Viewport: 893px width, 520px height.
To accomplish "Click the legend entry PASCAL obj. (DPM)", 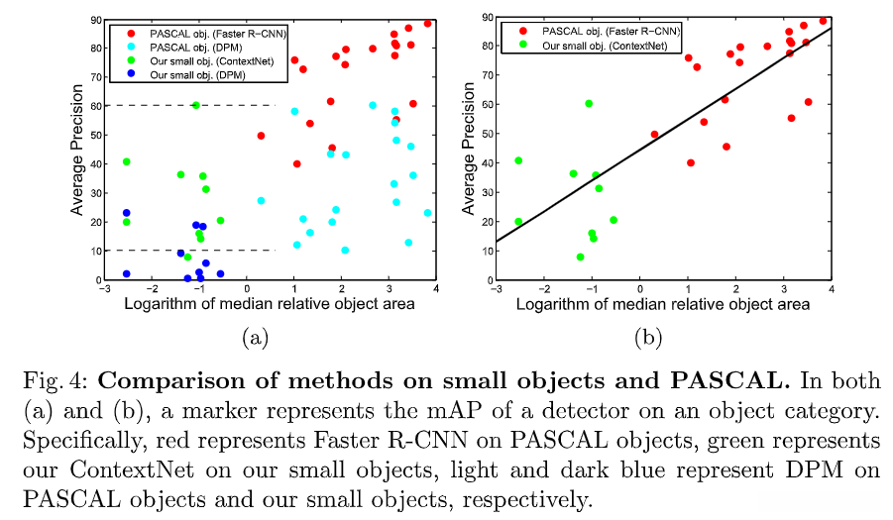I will click(x=197, y=48).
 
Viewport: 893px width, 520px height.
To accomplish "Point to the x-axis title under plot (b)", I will click(x=663, y=304).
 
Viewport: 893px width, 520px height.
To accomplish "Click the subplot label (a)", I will click(x=255, y=338).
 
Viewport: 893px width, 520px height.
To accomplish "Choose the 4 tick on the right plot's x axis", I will click(x=831, y=289).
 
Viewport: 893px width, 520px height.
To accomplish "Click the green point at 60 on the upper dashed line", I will click(x=196, y=105).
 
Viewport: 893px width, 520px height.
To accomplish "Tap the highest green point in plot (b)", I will click(x=589, y=103).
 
